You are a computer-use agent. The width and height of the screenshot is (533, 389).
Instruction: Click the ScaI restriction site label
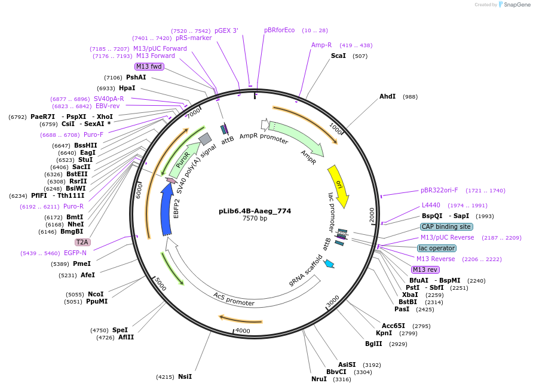click(x=338, y=56)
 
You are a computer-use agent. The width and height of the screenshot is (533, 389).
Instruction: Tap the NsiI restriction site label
click(x=185, y=376)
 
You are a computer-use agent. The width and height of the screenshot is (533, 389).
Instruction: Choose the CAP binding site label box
click(x=446, y=226)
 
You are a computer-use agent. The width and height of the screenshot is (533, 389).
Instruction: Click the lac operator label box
click(x=436, y=248)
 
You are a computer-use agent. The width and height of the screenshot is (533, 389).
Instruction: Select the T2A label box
click(x=82, y=242)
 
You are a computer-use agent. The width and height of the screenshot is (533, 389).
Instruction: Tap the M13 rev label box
click(x=425, y=269)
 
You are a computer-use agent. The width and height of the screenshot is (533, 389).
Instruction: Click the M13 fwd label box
click(x=149, y=66)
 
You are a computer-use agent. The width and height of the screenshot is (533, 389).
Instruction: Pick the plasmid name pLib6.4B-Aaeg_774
click(x=255, y=210)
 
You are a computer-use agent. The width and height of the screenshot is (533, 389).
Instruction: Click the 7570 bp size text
click(x=255, y=218)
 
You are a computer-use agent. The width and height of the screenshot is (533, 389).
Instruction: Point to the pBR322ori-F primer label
click(x=439, y=190)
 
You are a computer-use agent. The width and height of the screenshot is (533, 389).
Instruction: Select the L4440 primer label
click(x=431, y=205)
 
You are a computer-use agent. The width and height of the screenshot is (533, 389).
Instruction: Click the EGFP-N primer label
click(x=75, y=253)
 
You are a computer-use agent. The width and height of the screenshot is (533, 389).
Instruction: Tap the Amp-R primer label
click(x=321, y=45)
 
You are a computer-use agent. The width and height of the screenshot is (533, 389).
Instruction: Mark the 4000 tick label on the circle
click(x=243, y=330)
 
